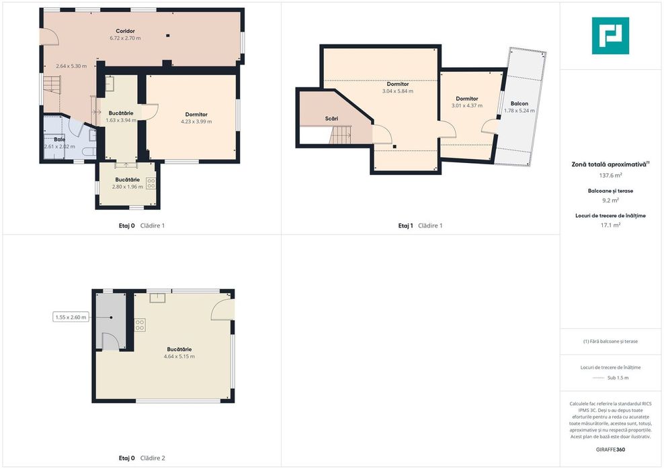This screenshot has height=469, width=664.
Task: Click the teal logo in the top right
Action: (610, 36)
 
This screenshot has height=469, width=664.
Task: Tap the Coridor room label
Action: (126, 31)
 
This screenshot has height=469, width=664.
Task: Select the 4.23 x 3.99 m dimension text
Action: (196, 121)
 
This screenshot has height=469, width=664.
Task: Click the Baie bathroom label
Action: (60, 139)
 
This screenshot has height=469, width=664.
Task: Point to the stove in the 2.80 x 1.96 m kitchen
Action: (151, 184)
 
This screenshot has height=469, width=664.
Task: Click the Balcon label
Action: (520, 103)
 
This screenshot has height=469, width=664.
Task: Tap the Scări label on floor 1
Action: (331, 118)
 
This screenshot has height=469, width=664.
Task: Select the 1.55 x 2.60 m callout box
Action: (71, 317)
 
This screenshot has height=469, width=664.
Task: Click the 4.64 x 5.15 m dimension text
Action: (179, 356)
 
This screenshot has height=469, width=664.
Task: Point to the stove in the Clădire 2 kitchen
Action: (140, 325)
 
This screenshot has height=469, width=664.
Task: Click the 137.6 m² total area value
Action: (610, 175)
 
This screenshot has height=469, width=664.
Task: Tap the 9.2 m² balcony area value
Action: (610, 201)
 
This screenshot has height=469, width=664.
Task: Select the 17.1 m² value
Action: (610, 225)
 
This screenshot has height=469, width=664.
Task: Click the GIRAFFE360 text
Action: (610, 449)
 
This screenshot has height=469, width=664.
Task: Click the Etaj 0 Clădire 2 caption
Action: (142, 458)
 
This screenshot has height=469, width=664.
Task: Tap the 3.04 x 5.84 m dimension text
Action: (398, 91)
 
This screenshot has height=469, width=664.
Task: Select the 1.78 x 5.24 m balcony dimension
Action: (520, 111)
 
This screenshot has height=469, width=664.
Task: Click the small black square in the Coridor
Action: (168, 36)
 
